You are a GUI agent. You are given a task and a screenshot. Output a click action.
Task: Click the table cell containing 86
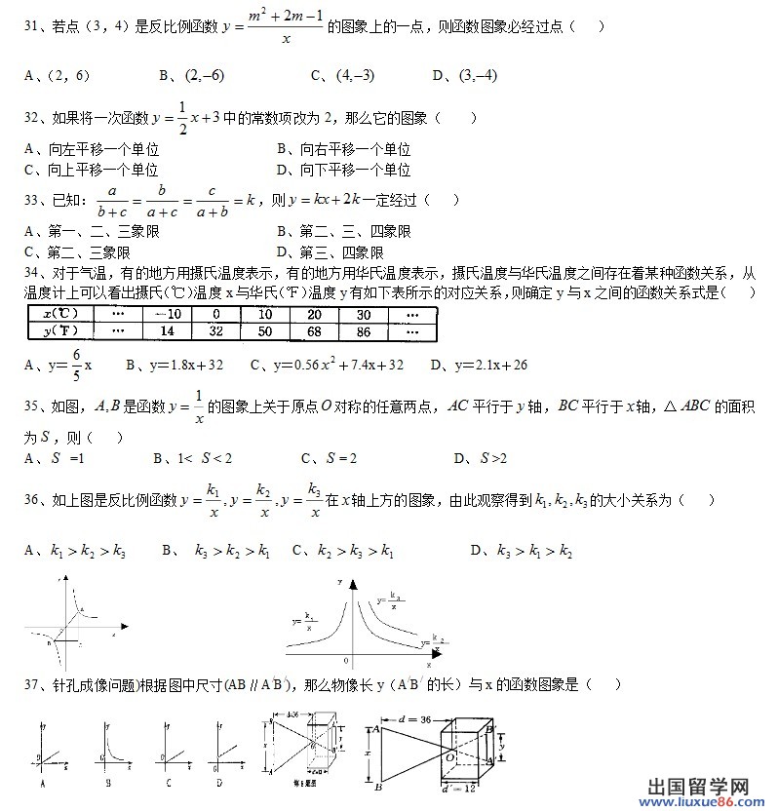[x=363, y=331]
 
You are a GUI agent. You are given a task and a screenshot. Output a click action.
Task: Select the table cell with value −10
[x=168, y=314]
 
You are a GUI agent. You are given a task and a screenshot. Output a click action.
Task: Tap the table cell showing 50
[x=264, y=331]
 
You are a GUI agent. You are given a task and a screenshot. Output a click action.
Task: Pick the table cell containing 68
[x=314, y=331]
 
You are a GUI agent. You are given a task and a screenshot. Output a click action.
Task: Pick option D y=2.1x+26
[x=479, y=366]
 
